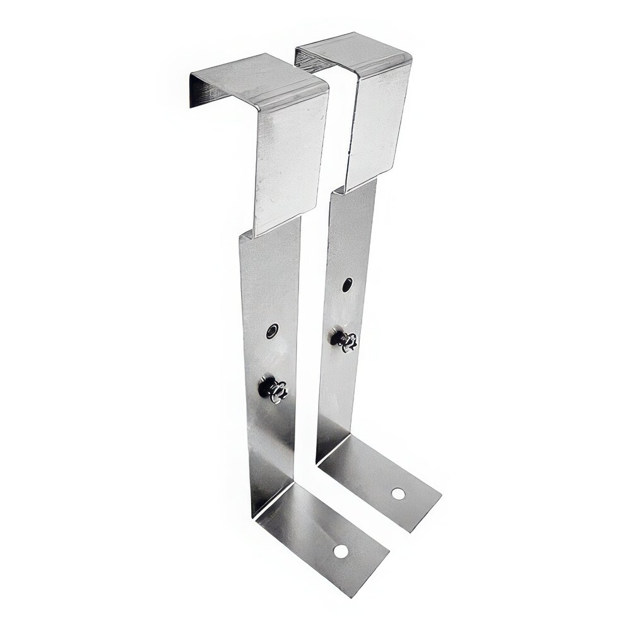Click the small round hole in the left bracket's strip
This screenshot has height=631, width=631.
pos(272,331)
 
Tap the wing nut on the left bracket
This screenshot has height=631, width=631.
pos(274,389)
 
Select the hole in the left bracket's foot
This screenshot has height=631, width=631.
pos(341,551)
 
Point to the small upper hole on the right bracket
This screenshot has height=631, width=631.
pos(348,285)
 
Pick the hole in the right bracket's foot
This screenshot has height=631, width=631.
pos(398,493)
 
